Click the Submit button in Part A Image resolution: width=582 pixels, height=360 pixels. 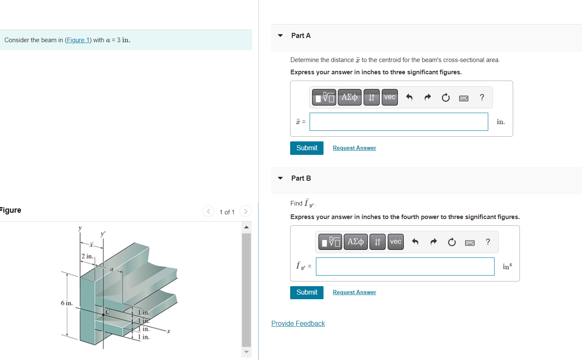coord(307,148)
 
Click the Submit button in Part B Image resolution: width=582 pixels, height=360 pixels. coord(307,292)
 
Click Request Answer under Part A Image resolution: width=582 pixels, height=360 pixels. coord(354,148)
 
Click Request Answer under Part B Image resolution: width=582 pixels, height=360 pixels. coord(354,292)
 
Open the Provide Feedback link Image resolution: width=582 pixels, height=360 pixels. coord(298,324)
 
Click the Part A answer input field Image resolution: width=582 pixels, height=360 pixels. coord(399,122)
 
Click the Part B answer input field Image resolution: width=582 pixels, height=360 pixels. coord(405,266)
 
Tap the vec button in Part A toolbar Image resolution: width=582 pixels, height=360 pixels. coord(389,97)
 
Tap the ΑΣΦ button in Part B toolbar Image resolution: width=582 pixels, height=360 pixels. coord(356,242)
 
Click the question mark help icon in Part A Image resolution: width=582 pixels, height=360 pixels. coord(482,97)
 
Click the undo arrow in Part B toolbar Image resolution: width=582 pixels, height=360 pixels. coord(415,242)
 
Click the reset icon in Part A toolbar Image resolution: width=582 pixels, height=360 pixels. coord(446,97)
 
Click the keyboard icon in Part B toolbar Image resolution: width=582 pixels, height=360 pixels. coord(470,242)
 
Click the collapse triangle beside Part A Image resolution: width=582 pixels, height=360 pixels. coord(280,36)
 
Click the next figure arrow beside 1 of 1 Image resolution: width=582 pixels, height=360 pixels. coord(245,211)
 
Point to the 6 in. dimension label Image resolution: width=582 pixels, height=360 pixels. coord(67,303)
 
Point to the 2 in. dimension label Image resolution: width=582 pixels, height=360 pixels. coord(87,256)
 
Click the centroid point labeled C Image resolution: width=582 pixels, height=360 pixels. coord(103,314)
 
